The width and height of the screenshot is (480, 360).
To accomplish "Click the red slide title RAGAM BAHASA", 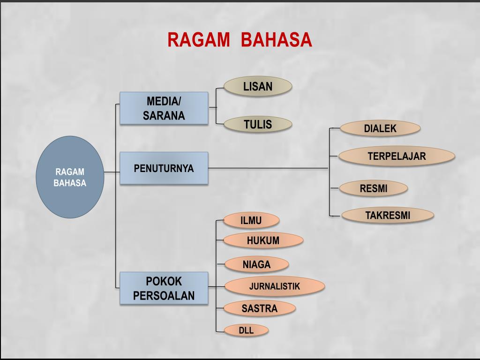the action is [x=240, y=40].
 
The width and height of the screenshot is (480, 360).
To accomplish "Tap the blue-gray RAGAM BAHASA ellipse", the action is [x=70, y=177].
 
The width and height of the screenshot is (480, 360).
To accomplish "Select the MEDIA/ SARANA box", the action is [x=164, y=108].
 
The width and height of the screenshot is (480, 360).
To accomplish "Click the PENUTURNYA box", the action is [x=164, y=168].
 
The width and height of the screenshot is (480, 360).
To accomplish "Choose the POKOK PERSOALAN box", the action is [x=164, y=288].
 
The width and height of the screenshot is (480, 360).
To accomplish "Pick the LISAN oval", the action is [x=258, y=86].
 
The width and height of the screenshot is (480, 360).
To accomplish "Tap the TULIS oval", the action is [x=258, y=124].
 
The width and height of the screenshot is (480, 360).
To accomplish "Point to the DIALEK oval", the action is [x=380, y=128].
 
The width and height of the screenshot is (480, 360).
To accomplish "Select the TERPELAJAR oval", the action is [x=397, y=156].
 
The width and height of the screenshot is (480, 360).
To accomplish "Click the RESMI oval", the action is [x=374, y=188].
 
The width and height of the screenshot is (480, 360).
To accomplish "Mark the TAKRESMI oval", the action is [x=388, y=215].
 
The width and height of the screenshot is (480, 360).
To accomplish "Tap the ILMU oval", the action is [x=251, y=220].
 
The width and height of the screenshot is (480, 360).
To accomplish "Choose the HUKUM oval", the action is [x=263, y=240].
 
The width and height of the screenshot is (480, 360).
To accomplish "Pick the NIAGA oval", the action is [x=256, y=264].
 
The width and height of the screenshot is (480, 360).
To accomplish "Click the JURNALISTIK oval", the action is [x=275, y=286].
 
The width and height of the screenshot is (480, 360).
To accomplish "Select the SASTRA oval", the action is [x=260, y=308].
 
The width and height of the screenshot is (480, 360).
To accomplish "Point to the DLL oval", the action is [x=246, y=330].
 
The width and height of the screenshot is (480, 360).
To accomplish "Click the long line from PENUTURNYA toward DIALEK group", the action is [x=267, y=168].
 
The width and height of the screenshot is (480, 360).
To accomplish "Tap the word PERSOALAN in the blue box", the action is [x=164, y=296].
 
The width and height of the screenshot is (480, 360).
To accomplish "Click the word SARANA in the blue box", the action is [x=164, y=116].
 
